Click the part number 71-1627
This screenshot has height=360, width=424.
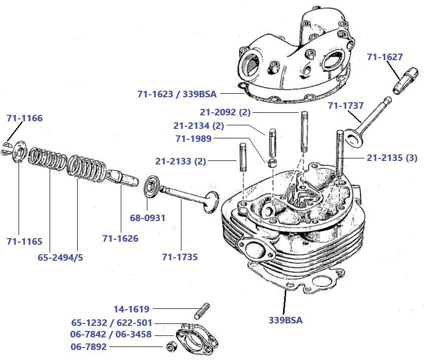385,57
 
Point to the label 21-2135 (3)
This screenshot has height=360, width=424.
392,158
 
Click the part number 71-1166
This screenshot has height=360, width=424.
25,118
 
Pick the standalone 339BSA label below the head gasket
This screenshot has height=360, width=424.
286,319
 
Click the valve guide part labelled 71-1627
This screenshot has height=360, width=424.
404,80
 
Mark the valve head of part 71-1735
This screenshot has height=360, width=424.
210,200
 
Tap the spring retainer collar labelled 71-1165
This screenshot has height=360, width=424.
19,152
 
